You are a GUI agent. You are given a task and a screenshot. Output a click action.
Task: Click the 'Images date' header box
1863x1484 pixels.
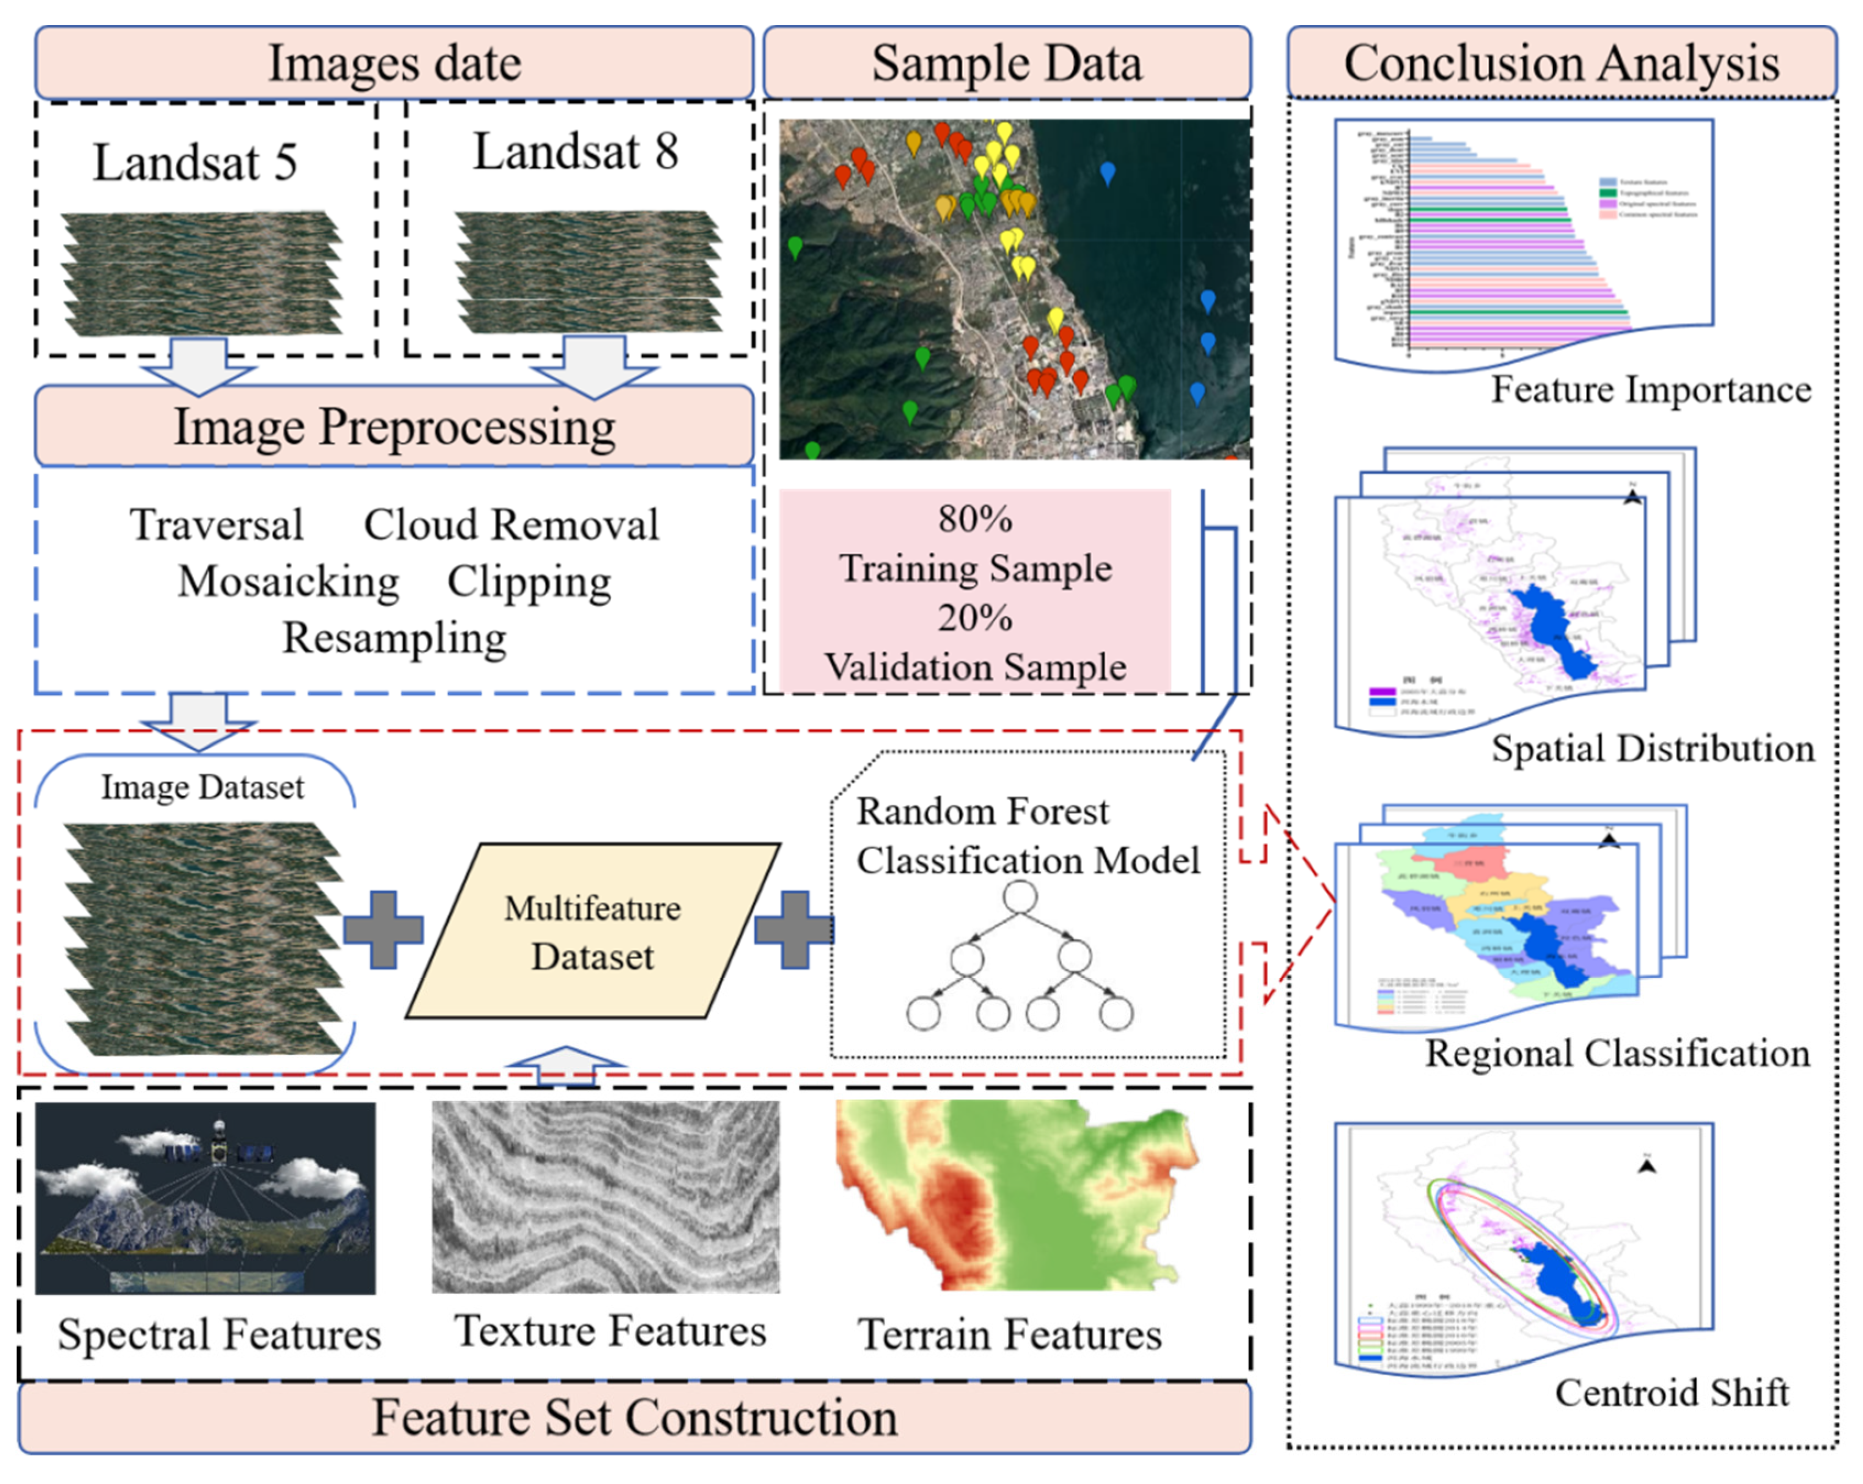(394, 63)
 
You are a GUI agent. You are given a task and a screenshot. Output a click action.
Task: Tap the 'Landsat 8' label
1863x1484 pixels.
(575, 151)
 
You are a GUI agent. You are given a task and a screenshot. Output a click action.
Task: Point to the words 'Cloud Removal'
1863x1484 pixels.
(510, 524)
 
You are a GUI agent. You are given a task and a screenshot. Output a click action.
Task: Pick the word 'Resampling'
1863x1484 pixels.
(394, 639)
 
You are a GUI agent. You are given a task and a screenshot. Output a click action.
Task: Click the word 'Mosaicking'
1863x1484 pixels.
(289, 582)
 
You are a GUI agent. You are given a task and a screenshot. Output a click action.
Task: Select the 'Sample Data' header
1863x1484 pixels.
(1007, 63)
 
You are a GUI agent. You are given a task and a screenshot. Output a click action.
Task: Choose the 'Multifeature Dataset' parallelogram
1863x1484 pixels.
(593, 932)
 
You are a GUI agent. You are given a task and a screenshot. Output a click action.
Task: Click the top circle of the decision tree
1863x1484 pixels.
(1020, 897)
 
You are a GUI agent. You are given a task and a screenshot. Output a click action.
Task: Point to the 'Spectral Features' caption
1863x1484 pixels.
(219, 1334)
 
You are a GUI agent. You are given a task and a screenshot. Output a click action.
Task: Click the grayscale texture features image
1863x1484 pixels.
(605, 1197)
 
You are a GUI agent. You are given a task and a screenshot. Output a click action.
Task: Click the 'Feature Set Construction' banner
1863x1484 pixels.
(634, 1419)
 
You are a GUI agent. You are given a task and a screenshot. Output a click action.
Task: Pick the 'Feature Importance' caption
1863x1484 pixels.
(1651, 390)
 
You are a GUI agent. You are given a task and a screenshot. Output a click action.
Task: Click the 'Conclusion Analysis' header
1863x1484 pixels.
(1562, 63)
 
